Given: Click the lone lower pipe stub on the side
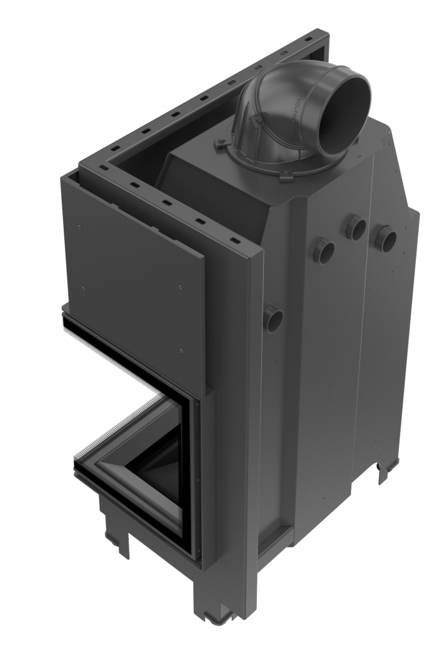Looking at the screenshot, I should pyautogui.click(x=273, y=314).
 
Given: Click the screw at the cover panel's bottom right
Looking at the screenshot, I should pyautogui.click(x=181, y=349).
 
